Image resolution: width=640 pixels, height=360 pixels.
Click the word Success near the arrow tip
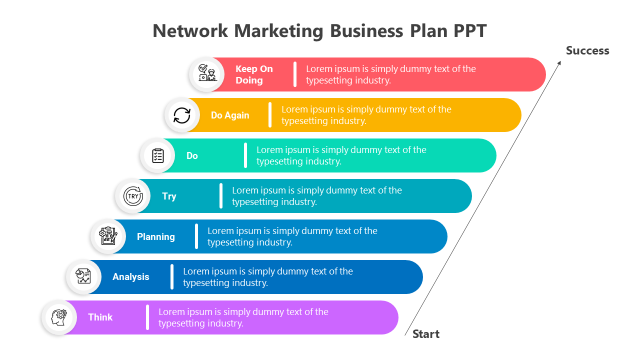(587, 50)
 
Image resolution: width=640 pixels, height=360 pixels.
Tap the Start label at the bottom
(425, 334)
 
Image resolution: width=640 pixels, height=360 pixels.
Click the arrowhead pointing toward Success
(559, 62)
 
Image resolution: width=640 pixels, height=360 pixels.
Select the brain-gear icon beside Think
(59, 317)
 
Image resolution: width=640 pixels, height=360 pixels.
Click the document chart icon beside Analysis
(83, 276)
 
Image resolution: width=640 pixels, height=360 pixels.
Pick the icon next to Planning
(108, 236)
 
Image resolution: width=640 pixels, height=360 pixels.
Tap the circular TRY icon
(133, 196)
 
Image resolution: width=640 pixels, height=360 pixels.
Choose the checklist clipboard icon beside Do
(158, 155)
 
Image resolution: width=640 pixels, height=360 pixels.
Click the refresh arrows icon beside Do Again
(182, 115)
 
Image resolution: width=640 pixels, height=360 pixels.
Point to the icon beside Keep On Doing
(206, 74)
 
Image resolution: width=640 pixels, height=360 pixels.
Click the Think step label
(100, 317)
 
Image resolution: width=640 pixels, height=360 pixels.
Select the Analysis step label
(130, 276)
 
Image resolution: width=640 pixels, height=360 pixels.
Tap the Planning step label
(155, 236)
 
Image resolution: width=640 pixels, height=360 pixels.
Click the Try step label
(169, 196)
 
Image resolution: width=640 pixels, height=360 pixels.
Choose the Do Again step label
(229, 115)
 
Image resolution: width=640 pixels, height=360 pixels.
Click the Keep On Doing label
(253, 74)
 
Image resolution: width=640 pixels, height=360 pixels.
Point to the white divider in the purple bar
(147, 317)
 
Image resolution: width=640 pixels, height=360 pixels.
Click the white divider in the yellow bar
(270, 115)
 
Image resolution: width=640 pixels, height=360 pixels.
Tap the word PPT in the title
(470, 31)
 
